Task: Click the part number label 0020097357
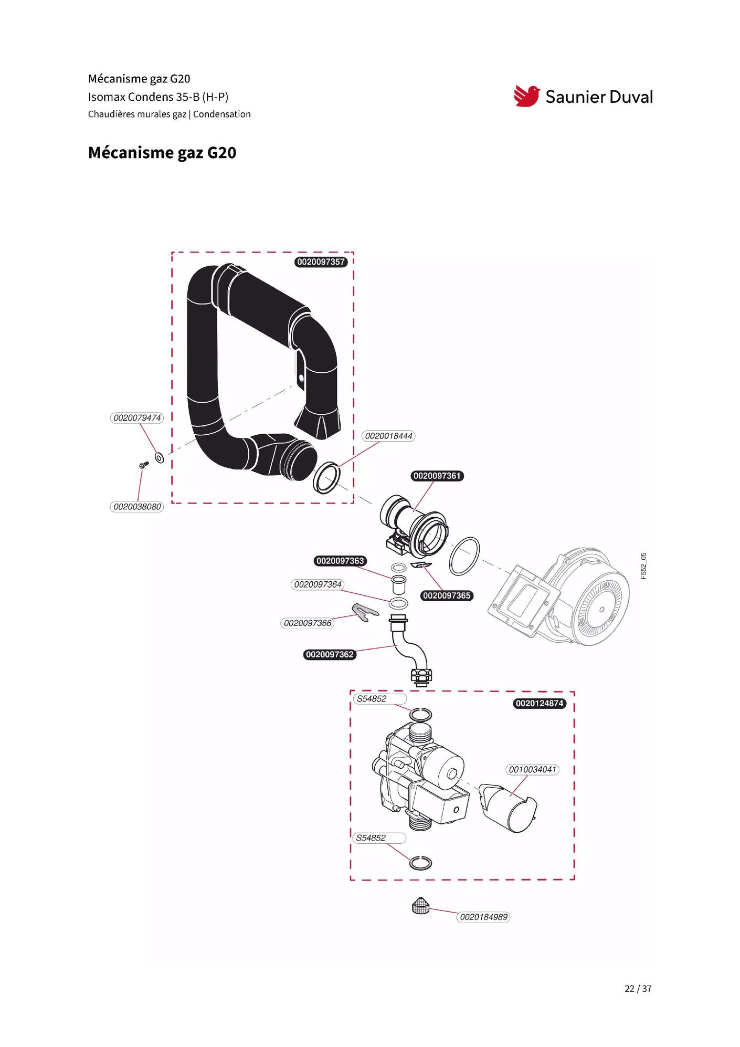coord(321,262)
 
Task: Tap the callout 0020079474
coord(137,418)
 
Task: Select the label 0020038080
coord(137,507)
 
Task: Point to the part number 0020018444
coord(388,436)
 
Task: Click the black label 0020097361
coord(437,476)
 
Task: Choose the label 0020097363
coord(340,561)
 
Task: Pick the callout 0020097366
coord(308,623)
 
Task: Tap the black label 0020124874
coord(540,703)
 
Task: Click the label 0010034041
coord(532,770)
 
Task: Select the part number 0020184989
coord(483,917)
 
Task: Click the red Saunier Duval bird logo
coord(526,96)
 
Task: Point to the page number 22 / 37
coord(638,989)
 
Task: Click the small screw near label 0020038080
coord(143,465)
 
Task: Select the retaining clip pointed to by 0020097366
coord(365,612)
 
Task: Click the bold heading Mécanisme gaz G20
coord(162,153)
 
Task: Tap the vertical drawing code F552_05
coord(643,566)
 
